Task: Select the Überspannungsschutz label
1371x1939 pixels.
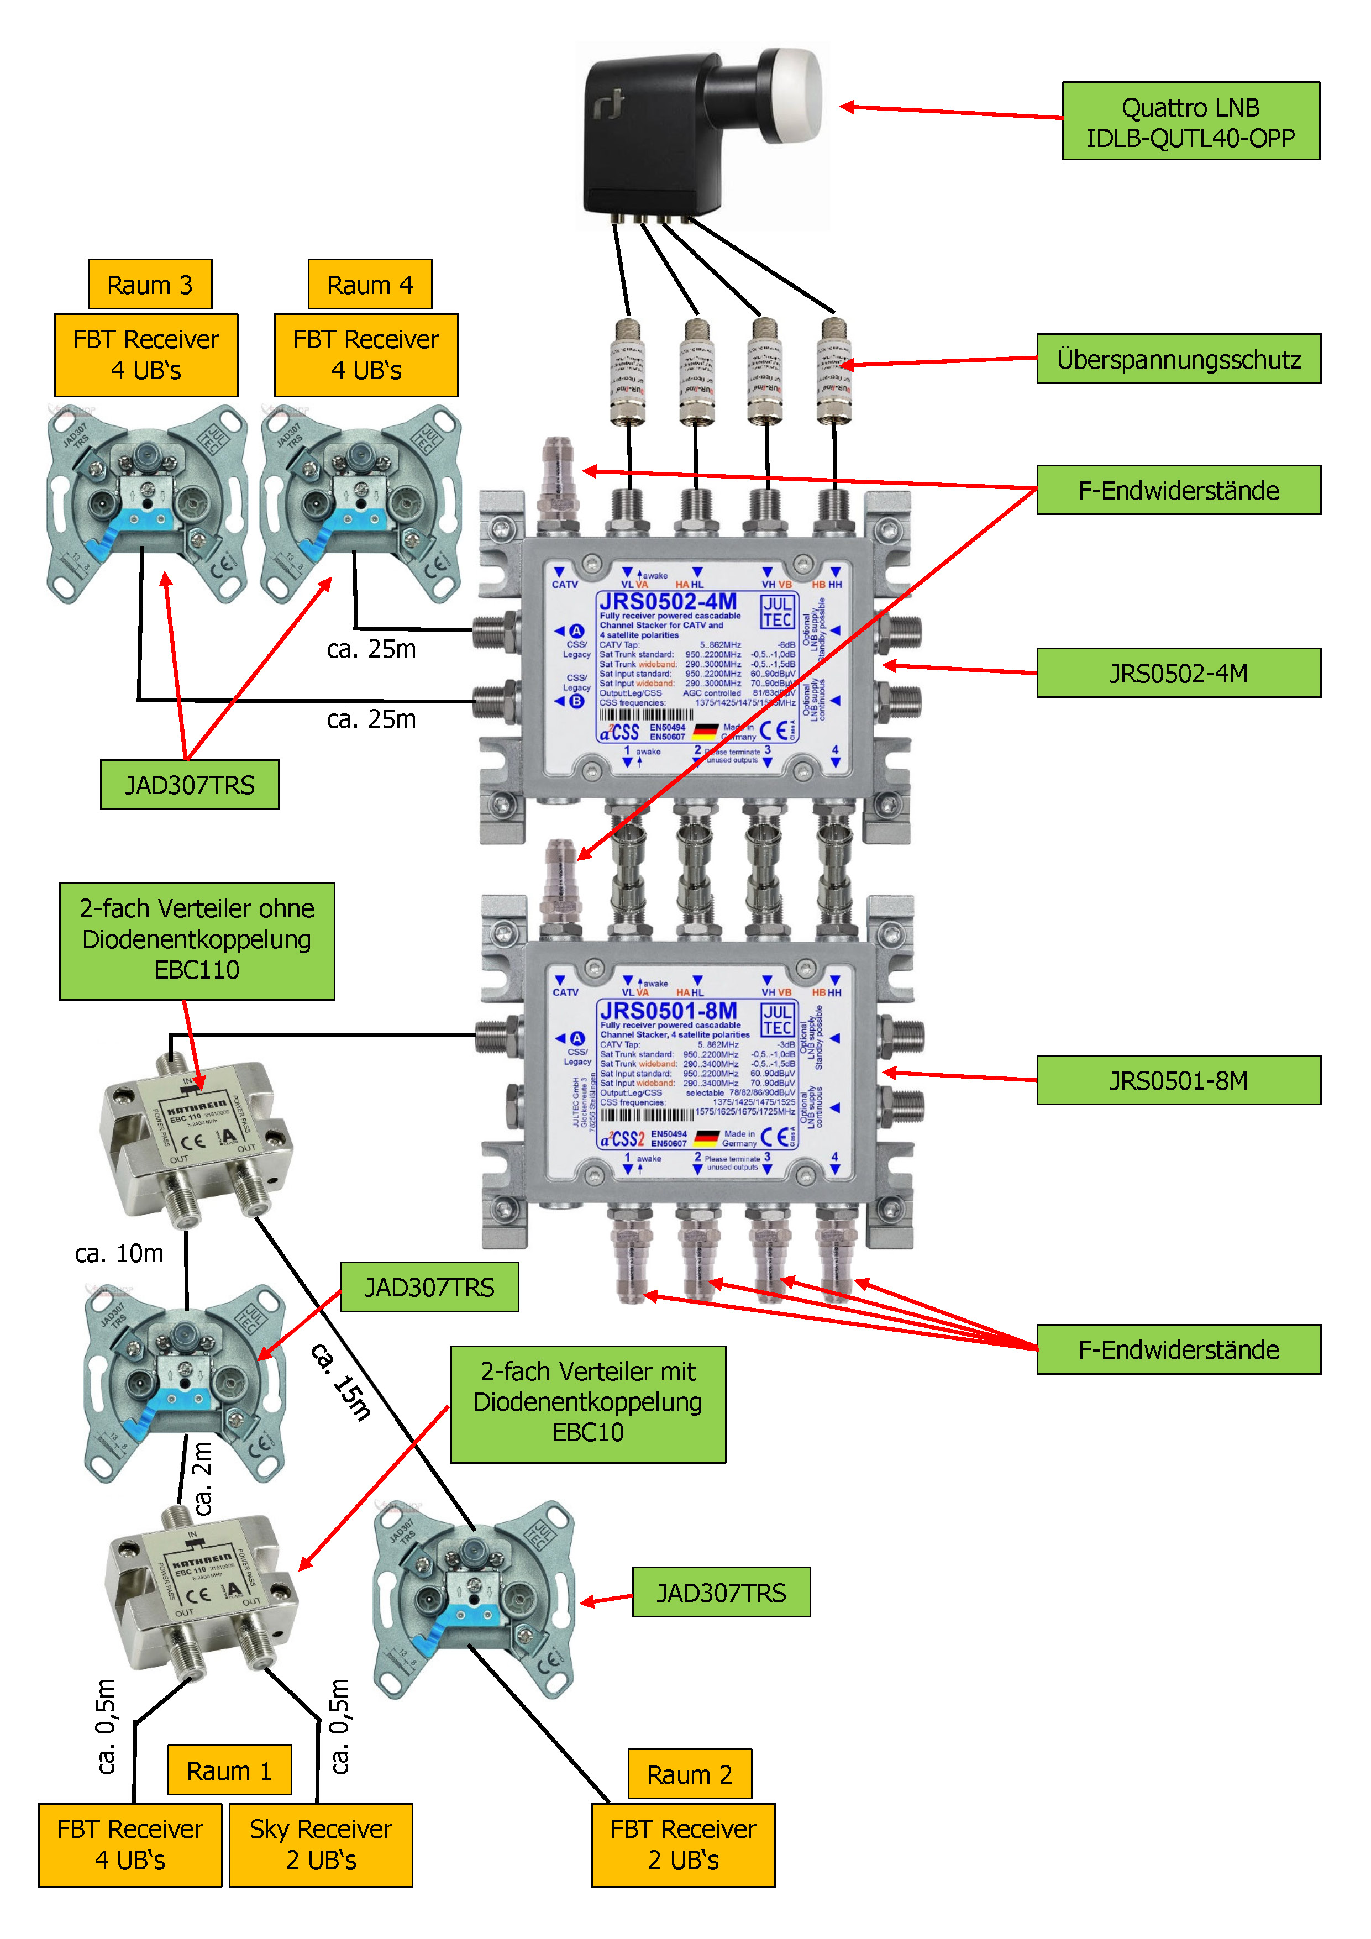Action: (x=1178, y=359)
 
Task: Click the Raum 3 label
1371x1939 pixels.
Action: (x=150, y=285)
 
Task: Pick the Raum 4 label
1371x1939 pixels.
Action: (x=370, y=285)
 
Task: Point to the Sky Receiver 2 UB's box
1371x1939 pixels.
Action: (x=321, y=1845)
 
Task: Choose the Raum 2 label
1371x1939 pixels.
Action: (x=689, y=1774)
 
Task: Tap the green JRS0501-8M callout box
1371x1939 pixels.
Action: (x=1178, y=1080)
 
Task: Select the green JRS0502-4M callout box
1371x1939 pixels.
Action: (x=1178, y=673)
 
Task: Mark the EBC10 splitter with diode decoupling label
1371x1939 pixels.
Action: (x=588, y=1404)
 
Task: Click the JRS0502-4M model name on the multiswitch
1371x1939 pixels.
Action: (x=668, y=601)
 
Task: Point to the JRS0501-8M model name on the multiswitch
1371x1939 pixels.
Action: (x=668, y=1011)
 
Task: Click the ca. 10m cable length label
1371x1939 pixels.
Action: (x=119, y=1253)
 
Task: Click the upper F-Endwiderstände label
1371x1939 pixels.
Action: (x=1178, y=490)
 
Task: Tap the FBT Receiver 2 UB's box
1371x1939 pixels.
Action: (x=684, y=1845)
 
